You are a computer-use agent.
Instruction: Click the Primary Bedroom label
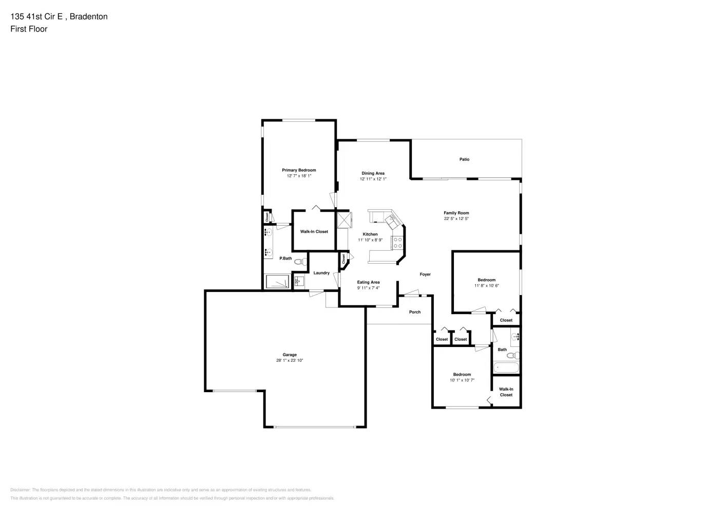(x=299, y=170)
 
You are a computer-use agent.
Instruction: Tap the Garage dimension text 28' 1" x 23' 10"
(x=290, y=361)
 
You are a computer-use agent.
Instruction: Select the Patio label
(x=464, y=159)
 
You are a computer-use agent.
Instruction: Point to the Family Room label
(x=456, y=213)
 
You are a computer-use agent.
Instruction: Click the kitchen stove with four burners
(x=397, y=243)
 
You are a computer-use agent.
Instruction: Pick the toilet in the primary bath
(x=299, y=262)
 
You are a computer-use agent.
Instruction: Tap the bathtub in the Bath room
(x=506, y=368)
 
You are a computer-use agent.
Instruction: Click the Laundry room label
(x=321, y=273)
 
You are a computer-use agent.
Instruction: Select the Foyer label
(x=425, y=274)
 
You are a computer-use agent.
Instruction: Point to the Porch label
(x=415, y=312)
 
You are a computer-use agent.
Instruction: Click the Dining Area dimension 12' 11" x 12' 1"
(x=373, y=179)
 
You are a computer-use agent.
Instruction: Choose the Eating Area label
(x=368, y=282)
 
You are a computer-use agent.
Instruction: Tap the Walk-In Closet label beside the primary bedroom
(x=314, y=232)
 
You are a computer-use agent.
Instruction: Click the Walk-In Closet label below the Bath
(x=506, y=392)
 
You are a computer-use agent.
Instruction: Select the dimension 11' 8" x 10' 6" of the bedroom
(x=486, y=286)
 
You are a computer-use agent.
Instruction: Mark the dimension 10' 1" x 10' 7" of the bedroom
(x=462, y=380)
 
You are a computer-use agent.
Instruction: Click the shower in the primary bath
(x=278, y=282)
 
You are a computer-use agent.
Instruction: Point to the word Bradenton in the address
(x=88, y=16)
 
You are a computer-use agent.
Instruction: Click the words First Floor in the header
(x=29, y=29)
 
